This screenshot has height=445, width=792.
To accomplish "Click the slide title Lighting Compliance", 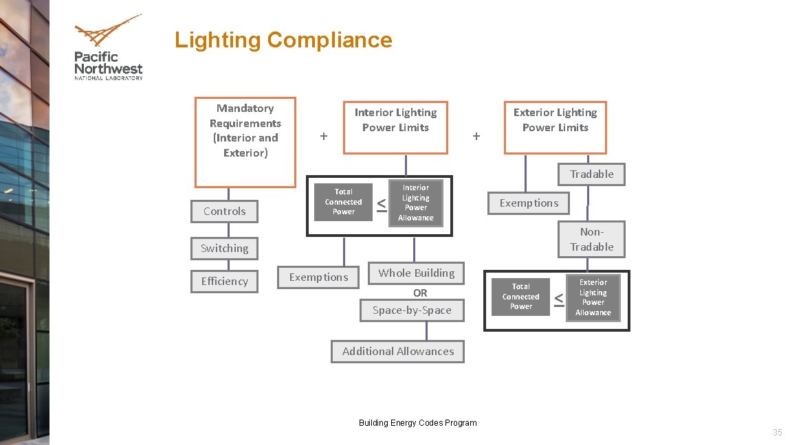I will (283, 40).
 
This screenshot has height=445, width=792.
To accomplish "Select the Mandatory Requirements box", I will (245, 141).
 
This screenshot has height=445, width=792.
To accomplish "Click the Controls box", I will (224, 212).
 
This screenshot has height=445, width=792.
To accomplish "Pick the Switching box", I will (224, 249).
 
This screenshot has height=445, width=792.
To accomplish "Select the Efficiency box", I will (224, 282).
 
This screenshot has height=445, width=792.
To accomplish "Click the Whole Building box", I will (416, 273).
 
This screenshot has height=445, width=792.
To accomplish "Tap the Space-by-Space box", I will (412, 310).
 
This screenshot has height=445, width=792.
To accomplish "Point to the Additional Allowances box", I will (397, 352).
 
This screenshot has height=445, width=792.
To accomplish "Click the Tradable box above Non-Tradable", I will (591, 174).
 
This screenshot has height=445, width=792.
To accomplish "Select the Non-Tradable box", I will (591, 239).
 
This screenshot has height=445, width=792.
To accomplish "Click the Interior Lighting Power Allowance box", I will (415, 203).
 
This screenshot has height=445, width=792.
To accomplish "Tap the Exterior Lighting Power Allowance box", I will (593, 297).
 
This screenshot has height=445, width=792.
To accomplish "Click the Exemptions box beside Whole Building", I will (318, 277).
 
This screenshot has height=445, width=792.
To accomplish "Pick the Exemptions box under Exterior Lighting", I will (529, 203).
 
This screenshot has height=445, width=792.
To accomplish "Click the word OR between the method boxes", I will (420, 293).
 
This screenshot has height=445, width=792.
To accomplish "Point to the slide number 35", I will (778, 433).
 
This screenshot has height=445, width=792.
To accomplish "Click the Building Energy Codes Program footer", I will (417, 423).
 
